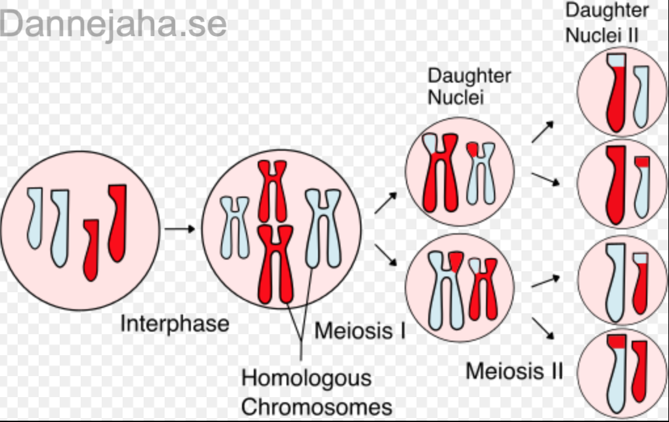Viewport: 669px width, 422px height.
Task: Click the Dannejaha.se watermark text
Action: tap(113, 24)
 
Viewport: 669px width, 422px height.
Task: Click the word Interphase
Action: tap(175, 324)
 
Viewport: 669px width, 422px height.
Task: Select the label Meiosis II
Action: tap(515, 371)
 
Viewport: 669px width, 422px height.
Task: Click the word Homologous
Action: tap(306, 378)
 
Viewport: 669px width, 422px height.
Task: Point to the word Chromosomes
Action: tap(317, 407)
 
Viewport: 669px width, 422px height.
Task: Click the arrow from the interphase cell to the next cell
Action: tap(180, 229)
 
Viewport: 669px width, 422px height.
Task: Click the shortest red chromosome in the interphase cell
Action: tap(91, 250)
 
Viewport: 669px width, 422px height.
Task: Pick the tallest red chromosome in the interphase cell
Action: tap(118, 223)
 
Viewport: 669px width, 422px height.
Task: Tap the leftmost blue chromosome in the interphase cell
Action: tap(35, 218)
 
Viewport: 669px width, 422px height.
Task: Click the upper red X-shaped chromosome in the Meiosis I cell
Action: tap(272, 191)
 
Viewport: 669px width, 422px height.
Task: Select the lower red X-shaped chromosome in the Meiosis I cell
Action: tap(275, 264)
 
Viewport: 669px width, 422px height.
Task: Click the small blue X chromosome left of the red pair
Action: tap(234, 227)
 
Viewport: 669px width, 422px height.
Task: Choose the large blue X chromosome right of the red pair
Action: tap(323, 229)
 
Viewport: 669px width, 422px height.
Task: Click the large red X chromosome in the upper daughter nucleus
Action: tap(441, 172)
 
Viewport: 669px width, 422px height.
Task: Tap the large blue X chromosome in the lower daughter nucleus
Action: tap(446, 290)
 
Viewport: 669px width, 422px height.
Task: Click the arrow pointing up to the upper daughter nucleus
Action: tap(386, 203)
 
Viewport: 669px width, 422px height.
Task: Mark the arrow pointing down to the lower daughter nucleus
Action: tap(386, 255)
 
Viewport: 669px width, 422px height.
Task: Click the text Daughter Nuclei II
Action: tap(607, 22)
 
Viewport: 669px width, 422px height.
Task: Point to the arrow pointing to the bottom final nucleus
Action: tap(542, 329)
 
